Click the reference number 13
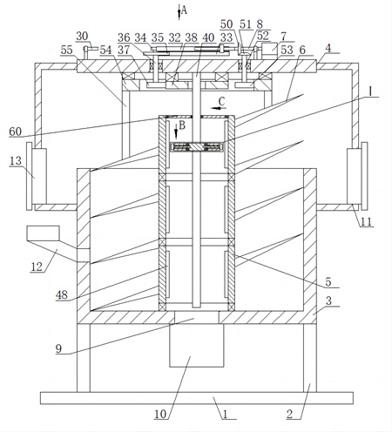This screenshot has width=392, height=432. [x=16, y=160]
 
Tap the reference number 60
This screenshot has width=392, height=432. [x=16, y=132]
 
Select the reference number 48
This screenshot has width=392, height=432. [x=62, y=295]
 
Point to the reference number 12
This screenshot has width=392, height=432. [x=37, y=267]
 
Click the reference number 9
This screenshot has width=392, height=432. [x=58, y=348]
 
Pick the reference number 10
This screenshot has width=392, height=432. [x=160, y=415]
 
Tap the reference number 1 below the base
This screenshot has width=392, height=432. [x=226, y=415]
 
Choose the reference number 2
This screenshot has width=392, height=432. [x=289, y=415]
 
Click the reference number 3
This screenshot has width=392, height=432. [x=328, y=300]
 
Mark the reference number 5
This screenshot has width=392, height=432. [x=328, y=281]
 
